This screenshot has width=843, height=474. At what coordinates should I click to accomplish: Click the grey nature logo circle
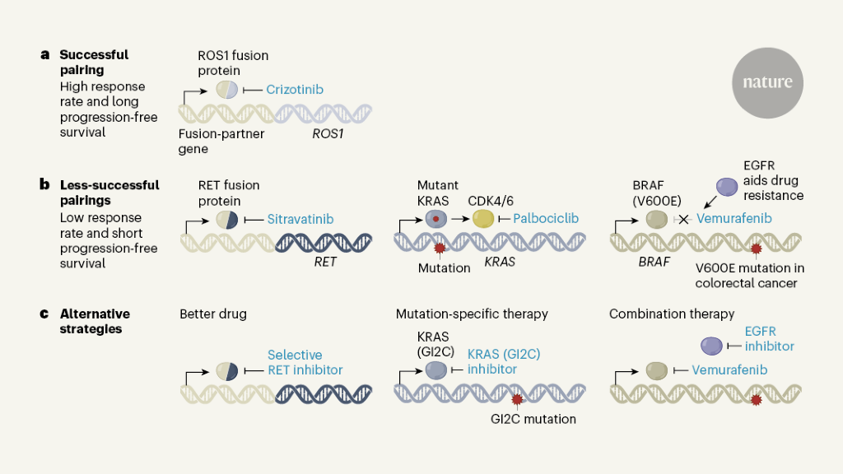(767, 82)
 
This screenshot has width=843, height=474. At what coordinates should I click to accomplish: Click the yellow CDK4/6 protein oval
(483, 219)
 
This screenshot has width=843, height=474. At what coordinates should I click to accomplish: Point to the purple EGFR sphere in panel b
(727, 188)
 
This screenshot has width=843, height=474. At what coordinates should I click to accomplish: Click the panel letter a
(45, 55)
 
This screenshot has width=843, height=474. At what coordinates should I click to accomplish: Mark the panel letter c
(45, 314)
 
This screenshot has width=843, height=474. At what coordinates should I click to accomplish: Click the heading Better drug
(213, 314)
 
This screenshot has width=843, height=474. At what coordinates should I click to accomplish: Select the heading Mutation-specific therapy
(472, 314)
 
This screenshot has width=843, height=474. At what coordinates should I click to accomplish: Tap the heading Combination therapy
(672, 314)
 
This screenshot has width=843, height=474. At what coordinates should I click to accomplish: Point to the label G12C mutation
(533, 419)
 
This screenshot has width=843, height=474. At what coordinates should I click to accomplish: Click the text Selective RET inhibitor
(305, 363)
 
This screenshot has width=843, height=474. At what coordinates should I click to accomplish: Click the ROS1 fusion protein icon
(227, 90)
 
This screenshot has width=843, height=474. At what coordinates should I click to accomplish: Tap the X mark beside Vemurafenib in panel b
(682, 220)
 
